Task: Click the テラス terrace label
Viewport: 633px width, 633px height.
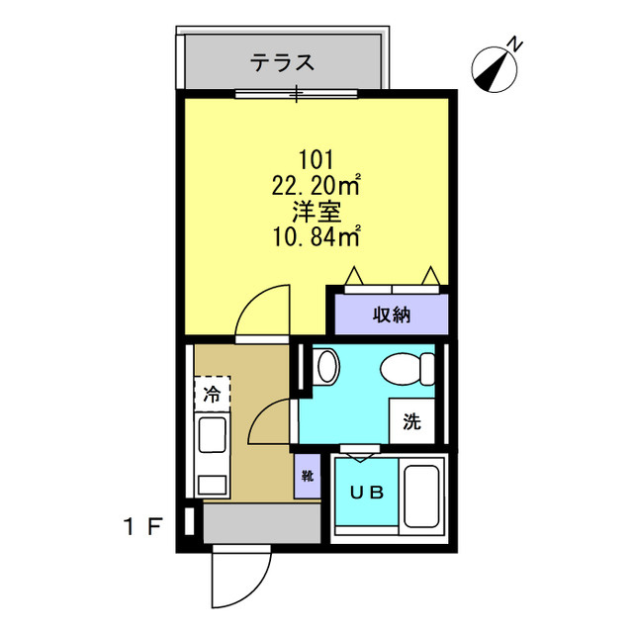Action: (282, 63)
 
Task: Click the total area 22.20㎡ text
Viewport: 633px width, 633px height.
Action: (316, 184)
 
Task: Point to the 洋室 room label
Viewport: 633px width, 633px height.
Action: (316, 210)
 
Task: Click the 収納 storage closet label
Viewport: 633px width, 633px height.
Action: (392, 316)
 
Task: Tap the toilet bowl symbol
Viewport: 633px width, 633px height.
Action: (407, 369)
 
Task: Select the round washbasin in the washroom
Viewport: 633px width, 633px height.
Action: (326, 368)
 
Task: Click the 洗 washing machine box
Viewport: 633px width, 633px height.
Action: (411, 421)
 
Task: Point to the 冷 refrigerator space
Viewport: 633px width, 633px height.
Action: (212, 394)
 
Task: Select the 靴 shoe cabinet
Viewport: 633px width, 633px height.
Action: (307, 477)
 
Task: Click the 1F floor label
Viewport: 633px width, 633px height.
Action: (142, 525)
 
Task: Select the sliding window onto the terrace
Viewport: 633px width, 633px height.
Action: (297, 95)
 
